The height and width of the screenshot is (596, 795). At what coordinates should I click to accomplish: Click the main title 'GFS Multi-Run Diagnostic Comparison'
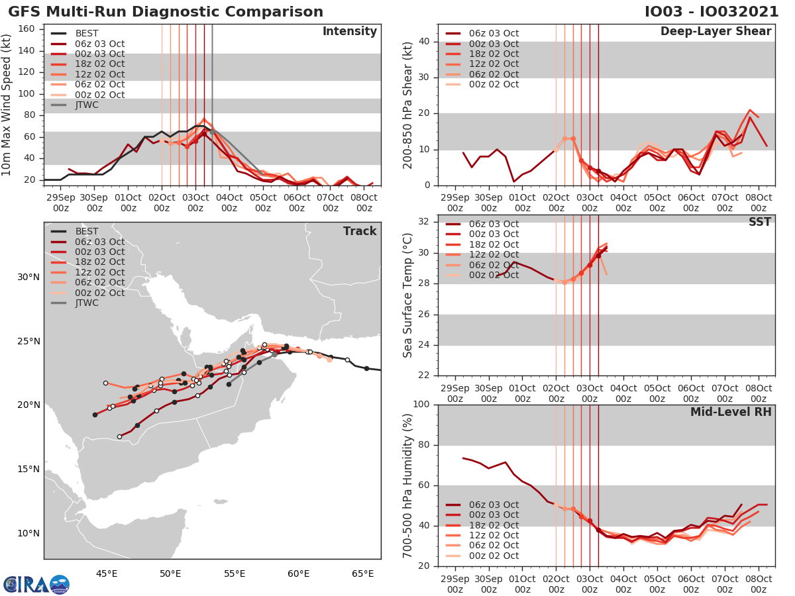166,12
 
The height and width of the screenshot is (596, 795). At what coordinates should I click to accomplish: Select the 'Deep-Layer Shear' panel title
715,32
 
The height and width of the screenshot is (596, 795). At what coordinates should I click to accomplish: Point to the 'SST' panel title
759,222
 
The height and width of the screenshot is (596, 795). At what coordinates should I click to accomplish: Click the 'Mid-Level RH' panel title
731,413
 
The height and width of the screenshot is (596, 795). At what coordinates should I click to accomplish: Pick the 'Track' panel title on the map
360,231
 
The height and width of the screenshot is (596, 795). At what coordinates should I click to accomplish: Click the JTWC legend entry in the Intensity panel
87,105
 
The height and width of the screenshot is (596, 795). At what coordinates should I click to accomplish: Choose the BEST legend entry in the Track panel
87,232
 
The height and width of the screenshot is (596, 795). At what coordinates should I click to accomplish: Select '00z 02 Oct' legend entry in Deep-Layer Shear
494,84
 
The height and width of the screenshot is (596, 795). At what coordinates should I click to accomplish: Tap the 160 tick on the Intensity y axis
27,28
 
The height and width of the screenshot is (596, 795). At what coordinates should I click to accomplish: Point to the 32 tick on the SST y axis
425,221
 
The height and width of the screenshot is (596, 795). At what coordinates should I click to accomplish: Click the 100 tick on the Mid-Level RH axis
421,405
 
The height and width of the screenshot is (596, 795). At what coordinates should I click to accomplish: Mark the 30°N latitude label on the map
27,277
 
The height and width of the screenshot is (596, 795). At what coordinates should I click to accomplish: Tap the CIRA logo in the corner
36,584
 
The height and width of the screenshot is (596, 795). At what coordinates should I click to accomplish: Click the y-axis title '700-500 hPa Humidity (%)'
407,485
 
